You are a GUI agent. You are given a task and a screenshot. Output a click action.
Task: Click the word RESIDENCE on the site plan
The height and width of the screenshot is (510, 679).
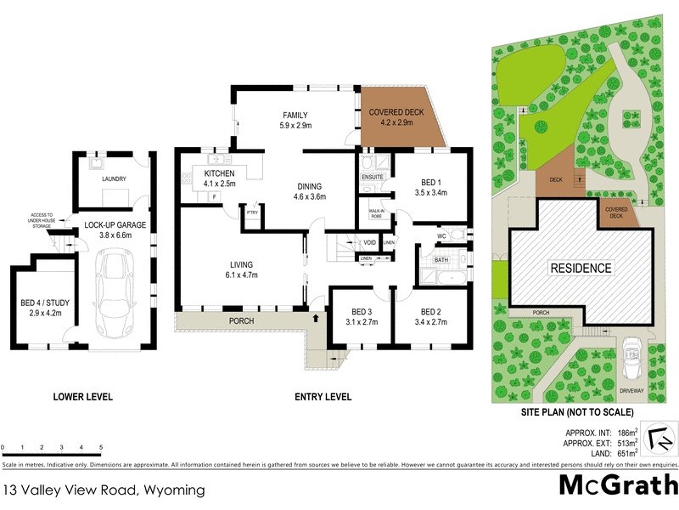point(582,269)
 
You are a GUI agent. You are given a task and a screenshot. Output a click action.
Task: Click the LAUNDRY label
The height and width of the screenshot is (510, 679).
point(113,179)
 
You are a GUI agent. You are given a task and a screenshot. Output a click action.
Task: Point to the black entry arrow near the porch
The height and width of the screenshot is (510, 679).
point(317,319)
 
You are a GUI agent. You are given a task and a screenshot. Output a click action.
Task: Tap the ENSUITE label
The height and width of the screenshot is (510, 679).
point(373,177)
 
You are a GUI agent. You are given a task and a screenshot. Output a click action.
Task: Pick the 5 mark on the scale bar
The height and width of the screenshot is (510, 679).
point(101,447)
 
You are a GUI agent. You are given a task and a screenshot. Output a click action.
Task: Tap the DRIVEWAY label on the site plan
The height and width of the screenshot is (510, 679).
point(631,391)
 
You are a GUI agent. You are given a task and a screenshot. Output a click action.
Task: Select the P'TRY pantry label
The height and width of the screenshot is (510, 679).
point(252,213)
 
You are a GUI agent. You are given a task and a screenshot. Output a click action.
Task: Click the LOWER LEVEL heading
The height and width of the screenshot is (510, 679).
point(82,396)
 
